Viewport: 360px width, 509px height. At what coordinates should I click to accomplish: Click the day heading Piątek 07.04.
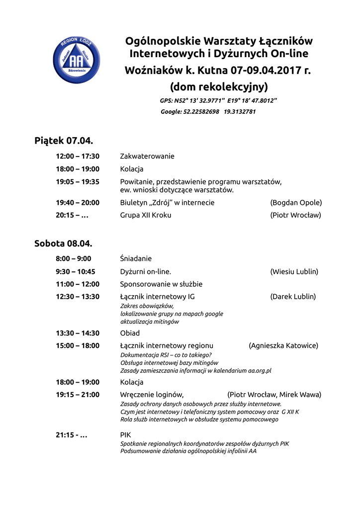64,141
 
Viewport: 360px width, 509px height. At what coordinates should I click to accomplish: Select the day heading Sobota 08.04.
63,244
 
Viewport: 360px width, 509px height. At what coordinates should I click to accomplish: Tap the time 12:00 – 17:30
78,156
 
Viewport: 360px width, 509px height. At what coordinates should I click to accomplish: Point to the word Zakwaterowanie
147,156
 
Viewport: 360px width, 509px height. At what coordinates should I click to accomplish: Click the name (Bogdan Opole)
296,203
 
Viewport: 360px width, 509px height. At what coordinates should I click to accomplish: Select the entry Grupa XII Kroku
146,215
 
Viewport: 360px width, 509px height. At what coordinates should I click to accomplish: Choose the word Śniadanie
136,258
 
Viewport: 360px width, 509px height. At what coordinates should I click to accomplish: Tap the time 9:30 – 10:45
76,272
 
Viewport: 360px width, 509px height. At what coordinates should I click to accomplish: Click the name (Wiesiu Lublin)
294,272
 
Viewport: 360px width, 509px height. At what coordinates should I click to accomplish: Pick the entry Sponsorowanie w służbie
161,284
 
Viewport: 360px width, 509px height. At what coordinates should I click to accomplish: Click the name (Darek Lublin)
293,297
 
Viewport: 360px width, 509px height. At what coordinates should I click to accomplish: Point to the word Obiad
130,333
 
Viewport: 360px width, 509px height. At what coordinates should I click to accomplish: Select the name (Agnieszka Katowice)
283,345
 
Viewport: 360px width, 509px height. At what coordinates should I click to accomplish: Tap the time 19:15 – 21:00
78,395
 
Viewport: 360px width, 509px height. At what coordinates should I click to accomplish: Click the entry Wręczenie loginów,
152,395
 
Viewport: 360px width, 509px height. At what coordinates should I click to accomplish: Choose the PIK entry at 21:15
125,435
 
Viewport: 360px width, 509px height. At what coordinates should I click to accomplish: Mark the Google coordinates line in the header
208,112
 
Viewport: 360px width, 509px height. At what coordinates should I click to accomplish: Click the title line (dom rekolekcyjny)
219,87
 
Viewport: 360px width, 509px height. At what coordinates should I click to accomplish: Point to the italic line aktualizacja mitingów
150,322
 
